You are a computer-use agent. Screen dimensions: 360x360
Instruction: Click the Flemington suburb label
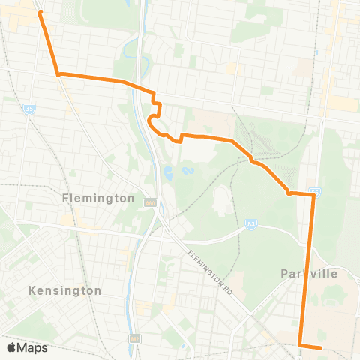click(98, 199)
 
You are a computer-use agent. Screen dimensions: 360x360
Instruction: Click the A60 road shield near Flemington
click(150, 202)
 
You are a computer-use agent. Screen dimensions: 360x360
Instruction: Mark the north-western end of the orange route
click(40, 13)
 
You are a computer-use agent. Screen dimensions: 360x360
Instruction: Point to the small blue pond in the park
click(169, 174)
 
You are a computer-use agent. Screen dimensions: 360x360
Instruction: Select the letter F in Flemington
click(67, 199)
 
